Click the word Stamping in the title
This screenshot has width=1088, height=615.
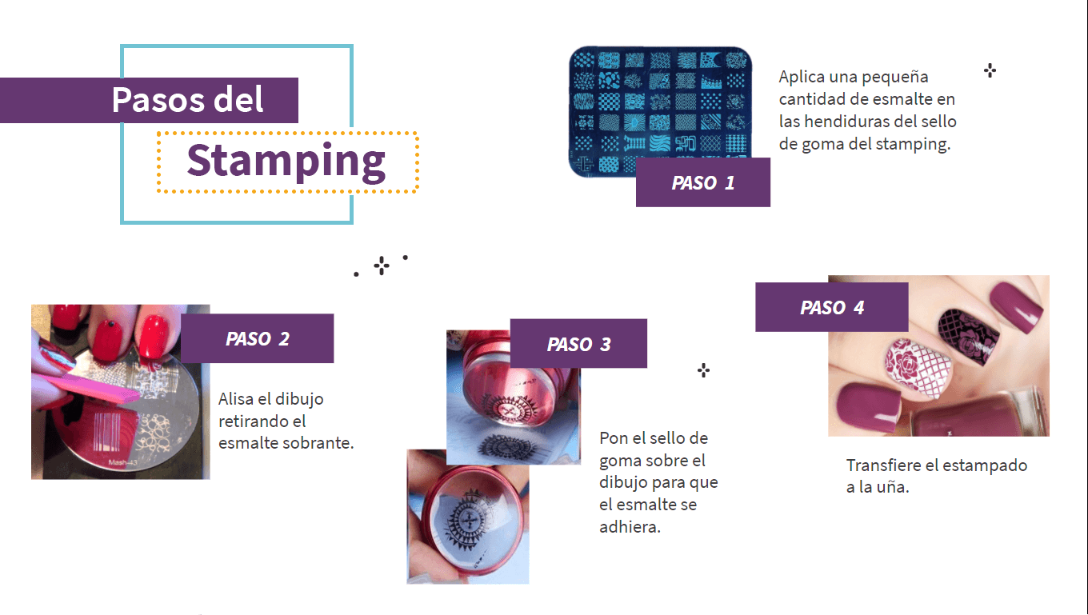click(x=286, y=161)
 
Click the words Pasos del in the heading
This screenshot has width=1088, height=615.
click(x=187, y=100)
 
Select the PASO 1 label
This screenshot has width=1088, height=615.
click(x=702, y=182)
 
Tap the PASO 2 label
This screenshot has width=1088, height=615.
click(x=257, y=338)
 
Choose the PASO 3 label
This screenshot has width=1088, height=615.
click(x=578, y=344)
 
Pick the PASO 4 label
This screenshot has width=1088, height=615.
click(x=832, y=308)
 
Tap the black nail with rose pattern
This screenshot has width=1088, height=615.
click(x=968, y=334)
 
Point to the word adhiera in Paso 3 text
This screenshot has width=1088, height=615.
click(x=630, y=527)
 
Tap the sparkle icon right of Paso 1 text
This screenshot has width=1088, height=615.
click(x=990, y=70)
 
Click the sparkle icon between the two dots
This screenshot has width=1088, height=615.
click(x=382, y=266)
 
